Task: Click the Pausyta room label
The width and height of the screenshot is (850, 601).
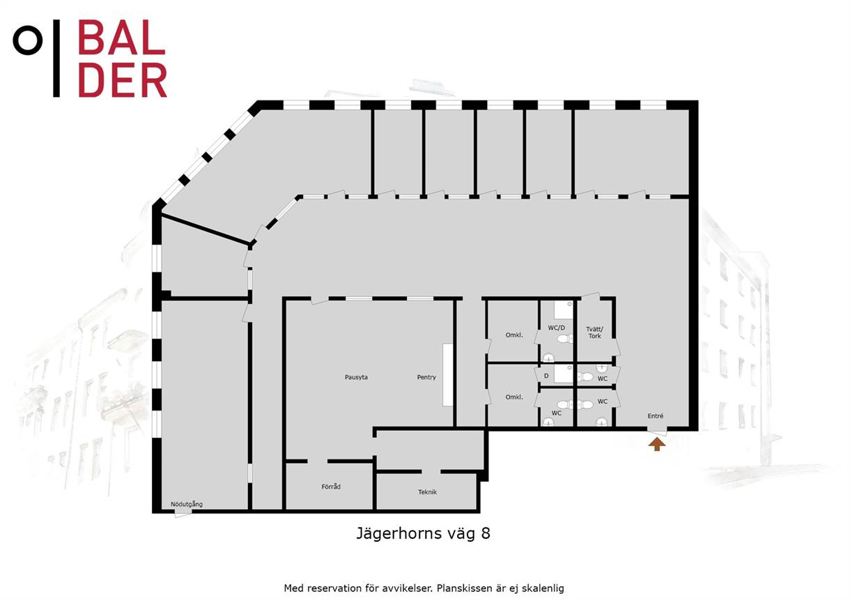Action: pos(356,377)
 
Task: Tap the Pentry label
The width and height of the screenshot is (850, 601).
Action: pos(426,377)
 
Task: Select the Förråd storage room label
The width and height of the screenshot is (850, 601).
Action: pos(331,487)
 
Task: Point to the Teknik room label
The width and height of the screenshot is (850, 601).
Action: pos(427,492)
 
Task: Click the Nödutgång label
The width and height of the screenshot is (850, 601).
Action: pos(186,504)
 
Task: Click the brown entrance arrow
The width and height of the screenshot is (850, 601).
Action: pos(657,444)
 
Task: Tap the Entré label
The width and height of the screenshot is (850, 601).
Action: pos(656,416)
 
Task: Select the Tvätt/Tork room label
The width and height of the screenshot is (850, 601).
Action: pos(594,333)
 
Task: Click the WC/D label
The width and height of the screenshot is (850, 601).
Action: pos(556,328)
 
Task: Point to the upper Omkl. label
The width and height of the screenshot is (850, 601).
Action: pos(514,335)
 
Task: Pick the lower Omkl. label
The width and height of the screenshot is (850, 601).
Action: pos(514,397)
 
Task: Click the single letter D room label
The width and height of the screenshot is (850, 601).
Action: pos(546,376)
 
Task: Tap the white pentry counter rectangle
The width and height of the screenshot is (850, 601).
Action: pos(448,374)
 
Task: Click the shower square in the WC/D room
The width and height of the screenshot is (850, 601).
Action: pos(564,310)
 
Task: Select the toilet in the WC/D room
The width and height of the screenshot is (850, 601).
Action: pos(566,339)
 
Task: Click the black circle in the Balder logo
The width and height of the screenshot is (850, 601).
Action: pos(28,40)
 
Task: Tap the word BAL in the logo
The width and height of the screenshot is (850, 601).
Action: pos(122,37)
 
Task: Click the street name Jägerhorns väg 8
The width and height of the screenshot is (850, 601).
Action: pos(423,534)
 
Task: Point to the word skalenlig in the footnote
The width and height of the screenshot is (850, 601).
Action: pos(543,588)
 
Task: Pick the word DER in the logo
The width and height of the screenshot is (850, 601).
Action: pos(123,80)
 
